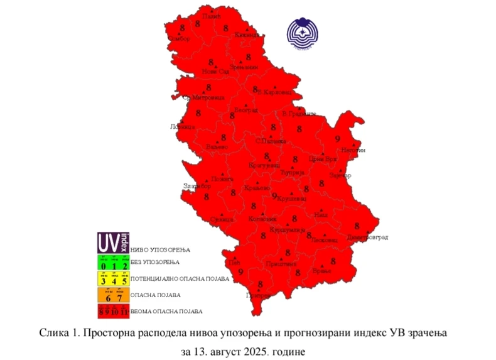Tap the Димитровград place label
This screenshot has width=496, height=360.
(x=369, y=237)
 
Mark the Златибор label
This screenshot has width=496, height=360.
(x=195, y=185)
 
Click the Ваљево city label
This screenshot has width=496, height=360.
(x=217, y=146)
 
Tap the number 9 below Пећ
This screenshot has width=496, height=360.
(x=241, y=271)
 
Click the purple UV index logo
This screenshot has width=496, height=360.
(x=113, y=241)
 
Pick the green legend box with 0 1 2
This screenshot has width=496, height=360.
(x=113, y=262)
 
